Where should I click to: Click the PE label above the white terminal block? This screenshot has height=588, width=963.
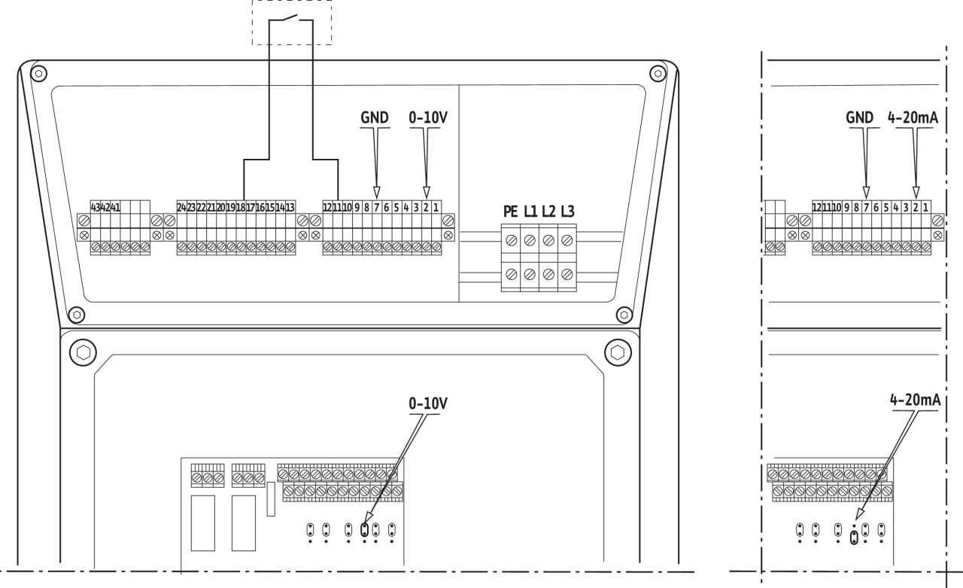pos(511,212)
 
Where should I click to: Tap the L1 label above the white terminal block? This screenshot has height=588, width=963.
pos(530,212)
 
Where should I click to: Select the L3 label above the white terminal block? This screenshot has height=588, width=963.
pos(567,212)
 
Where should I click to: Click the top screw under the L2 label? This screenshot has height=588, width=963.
pos(548,240)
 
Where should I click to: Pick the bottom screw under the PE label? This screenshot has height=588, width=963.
pos(511,274)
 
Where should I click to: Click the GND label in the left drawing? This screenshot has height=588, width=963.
pos(375,118)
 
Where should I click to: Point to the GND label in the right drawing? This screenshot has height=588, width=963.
pos(859,118)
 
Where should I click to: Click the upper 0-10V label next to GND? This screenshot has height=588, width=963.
pos(427,118)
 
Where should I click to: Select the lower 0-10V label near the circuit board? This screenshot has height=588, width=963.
pos(427,404)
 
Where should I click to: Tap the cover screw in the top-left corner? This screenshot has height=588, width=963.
pos(37,72)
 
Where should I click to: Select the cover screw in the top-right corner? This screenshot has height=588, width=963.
pos(658,72)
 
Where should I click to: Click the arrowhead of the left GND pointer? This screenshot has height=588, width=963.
pos(377,191)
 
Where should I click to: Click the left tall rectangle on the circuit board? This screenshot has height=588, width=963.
pos(203,522)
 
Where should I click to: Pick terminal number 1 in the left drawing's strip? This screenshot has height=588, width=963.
pos(436,206)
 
